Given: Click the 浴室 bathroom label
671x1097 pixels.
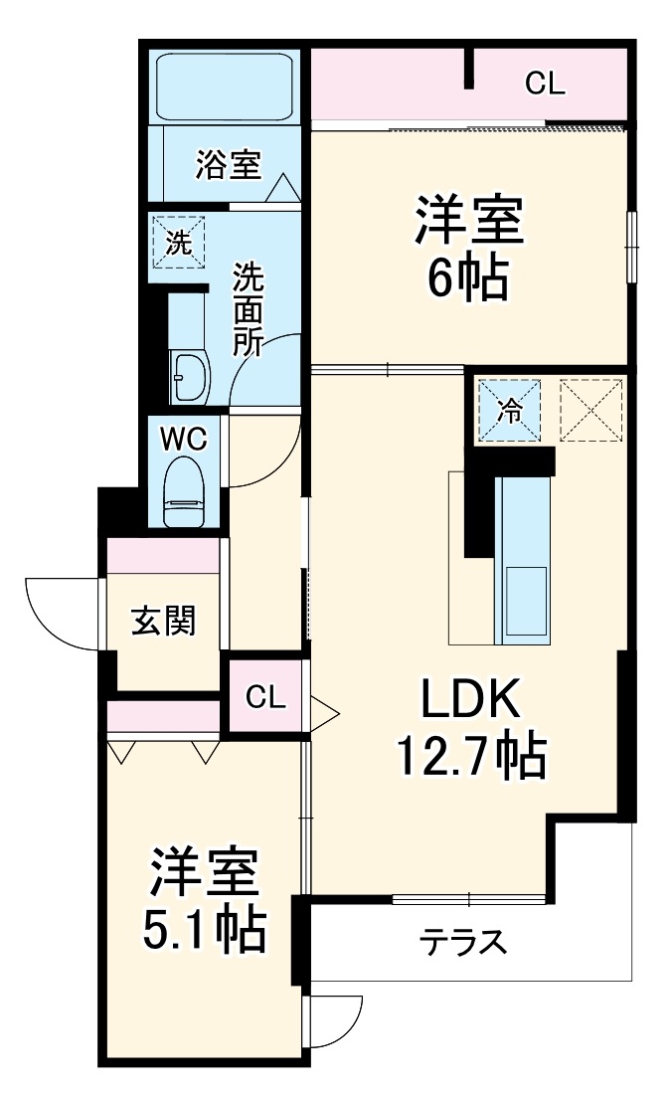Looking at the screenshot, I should point(228,164).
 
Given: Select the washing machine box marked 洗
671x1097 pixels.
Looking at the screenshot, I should point(178,242).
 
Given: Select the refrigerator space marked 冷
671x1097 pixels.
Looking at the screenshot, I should point(509,409).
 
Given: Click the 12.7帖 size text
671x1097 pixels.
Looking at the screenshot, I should point(470,760).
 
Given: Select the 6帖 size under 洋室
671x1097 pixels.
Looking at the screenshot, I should point(468,280).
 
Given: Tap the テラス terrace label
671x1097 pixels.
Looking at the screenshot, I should point(462,939).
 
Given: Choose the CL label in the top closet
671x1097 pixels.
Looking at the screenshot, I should point(545,85).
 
